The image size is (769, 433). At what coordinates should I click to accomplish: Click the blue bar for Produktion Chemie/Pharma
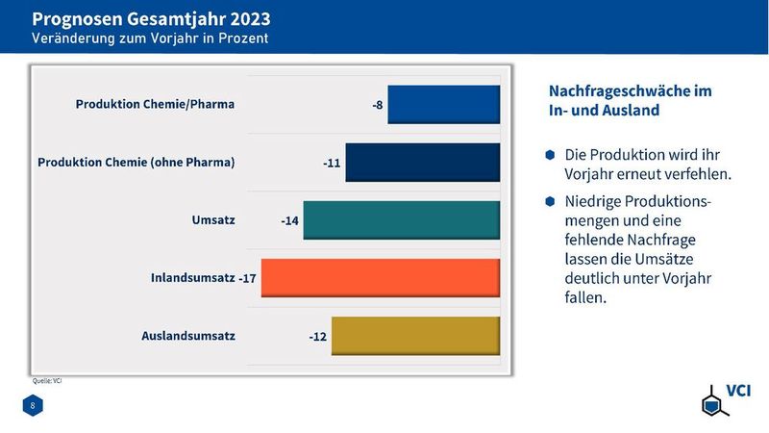[443, 105]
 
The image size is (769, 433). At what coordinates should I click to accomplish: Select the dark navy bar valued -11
[422, 163]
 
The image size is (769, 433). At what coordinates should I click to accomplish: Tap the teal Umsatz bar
[401, 220]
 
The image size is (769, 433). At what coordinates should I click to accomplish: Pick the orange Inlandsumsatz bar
[380, 278]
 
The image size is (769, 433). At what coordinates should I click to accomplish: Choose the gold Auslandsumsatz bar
[415, 336]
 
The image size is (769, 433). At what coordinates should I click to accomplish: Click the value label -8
[379, 105]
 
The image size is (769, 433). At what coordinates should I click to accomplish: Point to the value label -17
[248, 278]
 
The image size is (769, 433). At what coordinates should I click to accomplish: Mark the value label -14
[290, 220]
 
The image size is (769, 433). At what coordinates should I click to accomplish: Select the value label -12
[319, 337]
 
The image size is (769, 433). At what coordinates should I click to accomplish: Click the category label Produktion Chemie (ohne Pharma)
[136, 162]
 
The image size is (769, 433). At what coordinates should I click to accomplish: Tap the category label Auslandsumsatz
[188, 336]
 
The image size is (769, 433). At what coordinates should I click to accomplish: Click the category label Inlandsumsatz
[192, 278]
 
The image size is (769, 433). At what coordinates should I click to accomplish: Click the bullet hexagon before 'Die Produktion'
[550, 154]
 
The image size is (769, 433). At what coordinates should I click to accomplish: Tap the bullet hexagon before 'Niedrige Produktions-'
[550, 201]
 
